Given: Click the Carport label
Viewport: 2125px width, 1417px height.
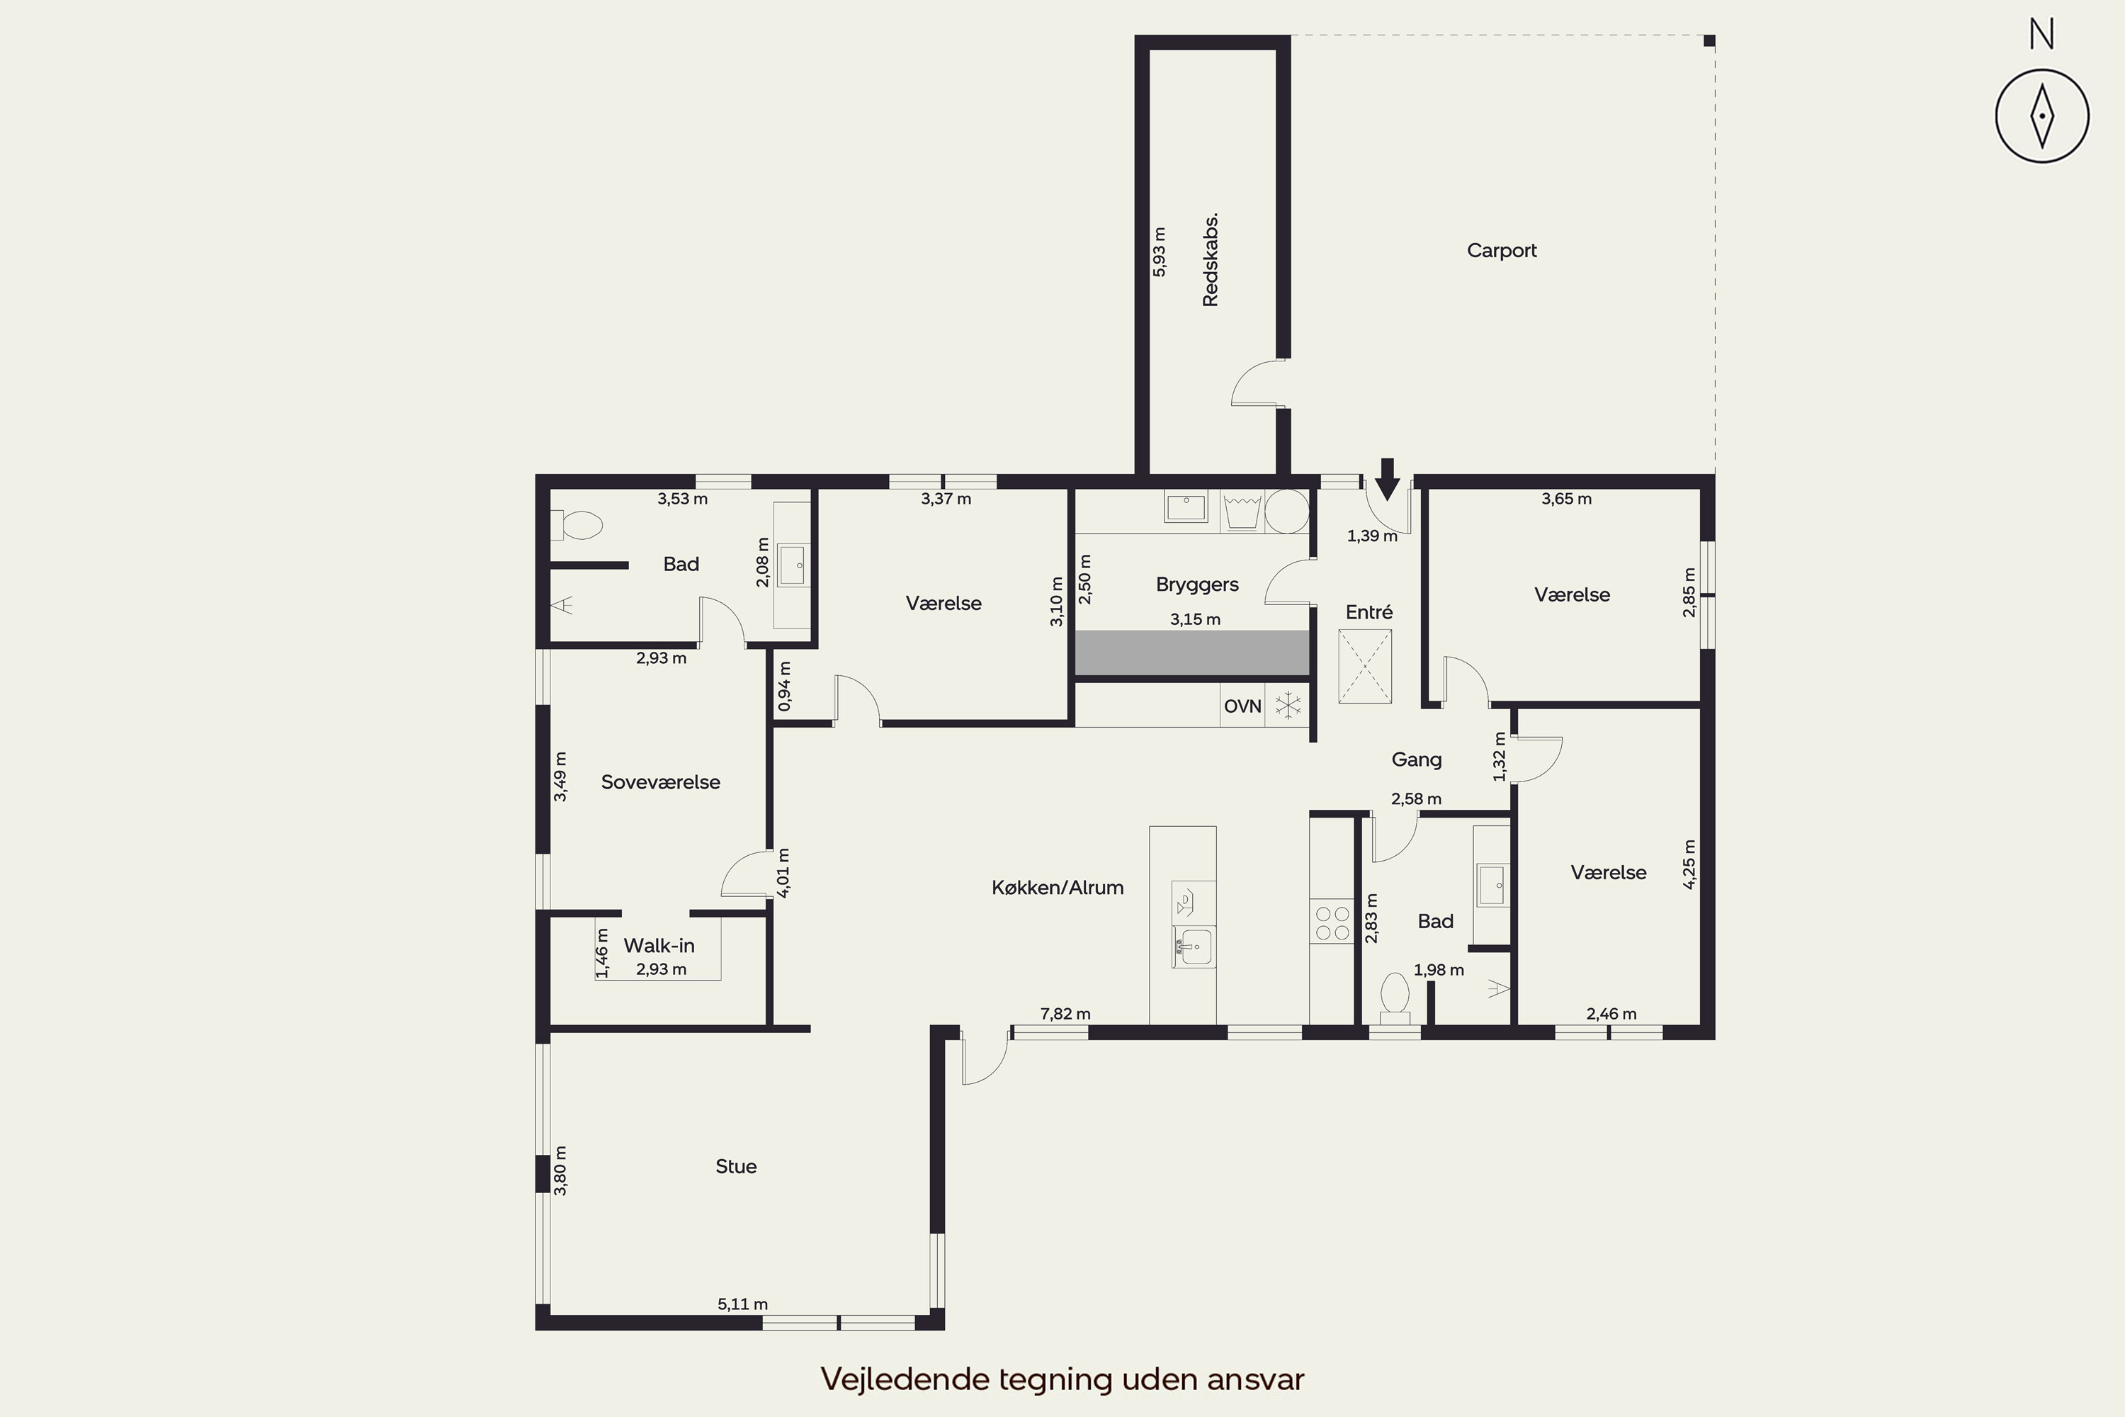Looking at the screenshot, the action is (x=1502, y=250).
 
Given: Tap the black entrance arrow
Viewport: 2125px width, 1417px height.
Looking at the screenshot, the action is (x=1388, y=479).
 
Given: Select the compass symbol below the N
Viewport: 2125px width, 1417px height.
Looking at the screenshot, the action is (x=2042, y=115).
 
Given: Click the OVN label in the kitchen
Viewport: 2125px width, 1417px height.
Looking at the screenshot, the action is (x=1242, y=706).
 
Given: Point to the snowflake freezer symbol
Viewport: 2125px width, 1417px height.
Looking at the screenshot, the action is (x=1288, y=705).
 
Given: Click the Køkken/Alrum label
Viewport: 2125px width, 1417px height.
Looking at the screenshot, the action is (x=1057, y=888).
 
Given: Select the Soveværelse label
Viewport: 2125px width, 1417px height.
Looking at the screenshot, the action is (x=660, y=781).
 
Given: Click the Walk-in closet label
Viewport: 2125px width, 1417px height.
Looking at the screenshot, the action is (x=659, y=945).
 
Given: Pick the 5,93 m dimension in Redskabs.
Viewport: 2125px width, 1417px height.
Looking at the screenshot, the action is (x=1159, y=252).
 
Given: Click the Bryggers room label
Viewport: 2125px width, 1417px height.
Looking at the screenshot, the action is (x=1197, y=585).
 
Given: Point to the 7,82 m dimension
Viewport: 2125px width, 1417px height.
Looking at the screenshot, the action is (x=1065, y=1014).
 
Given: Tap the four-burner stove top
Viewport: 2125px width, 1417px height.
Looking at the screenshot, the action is (x=1332, y=922).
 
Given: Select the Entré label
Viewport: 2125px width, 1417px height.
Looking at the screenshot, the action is (x=1368, y=612).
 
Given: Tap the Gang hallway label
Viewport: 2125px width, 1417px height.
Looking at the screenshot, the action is (x=1416, y=759).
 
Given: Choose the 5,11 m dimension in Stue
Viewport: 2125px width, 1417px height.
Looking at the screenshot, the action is (x=742, y=1304).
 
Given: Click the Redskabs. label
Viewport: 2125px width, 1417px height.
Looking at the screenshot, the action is (x=1211, y=259).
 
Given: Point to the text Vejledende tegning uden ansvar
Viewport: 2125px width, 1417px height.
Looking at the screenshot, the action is (x=1062, y=1379).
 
